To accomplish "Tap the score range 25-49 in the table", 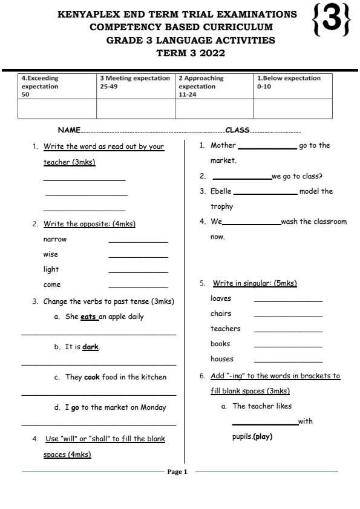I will (x=109, y=87).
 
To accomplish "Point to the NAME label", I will (x=69, y=130).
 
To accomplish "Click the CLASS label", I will (x=237, y=130).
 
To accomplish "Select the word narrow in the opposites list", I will (x=55, y=239).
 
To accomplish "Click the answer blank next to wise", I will (x=138, y=257).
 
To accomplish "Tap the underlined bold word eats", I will (x=88, y=317).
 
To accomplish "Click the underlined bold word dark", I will (x=90, y=347).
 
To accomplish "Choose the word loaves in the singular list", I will (x=221, y=298).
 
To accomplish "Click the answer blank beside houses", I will (x=288, y=362).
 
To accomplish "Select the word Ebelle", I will (x=221, y=191).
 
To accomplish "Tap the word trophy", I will (x=221, y=206).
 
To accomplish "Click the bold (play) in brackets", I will (x=263, y=436).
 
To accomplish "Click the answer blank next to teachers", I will (x=288, y=332).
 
